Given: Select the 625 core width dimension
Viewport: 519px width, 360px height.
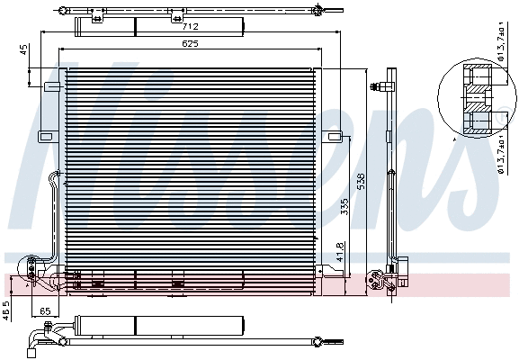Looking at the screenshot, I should coord(188,43).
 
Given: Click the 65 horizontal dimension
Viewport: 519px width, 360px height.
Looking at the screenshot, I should coord(45,310).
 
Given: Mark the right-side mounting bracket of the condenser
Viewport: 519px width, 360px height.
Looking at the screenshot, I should coord(334,137).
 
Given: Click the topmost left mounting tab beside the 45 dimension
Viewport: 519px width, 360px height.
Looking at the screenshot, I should coord(52,86).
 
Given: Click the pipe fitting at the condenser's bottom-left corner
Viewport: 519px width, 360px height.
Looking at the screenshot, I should coord(36,267).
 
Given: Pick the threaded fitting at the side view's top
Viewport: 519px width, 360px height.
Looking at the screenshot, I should coord(388,87).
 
